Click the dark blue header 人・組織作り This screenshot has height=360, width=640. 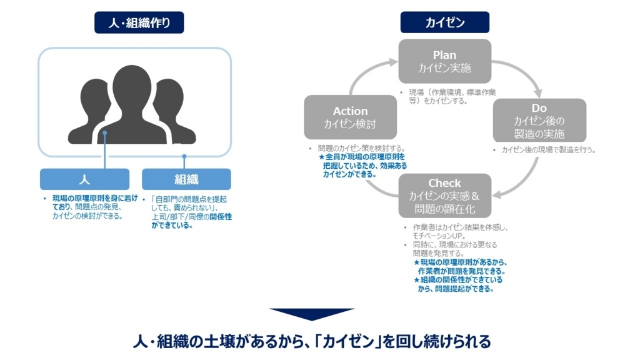point(139,22)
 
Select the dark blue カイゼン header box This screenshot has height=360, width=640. point(445,22)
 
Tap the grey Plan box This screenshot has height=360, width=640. point(445,61)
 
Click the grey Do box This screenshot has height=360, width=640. point(539,121)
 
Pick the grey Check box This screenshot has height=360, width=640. point(445,196)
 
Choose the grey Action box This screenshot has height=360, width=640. point(350,117)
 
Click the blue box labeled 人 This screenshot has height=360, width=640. point(84,179)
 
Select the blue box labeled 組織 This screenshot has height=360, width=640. point(186,179)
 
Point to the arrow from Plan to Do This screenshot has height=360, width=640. point(524,72)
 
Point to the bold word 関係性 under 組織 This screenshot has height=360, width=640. point(221,217)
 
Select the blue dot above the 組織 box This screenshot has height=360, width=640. point(184,156)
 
